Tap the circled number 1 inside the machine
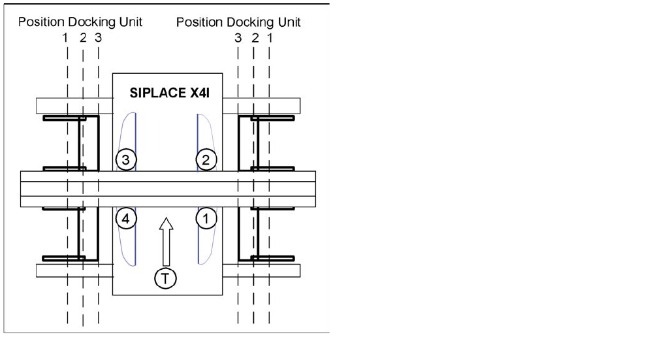point(206,220)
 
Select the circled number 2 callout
point(206,159)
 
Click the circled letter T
point(166,278)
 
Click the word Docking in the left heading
point(87,22)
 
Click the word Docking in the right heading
point(246,22)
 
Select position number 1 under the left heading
point(65,38)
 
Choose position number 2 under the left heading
point(83,38)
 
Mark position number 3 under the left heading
point(98,38)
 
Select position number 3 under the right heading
point(238,38)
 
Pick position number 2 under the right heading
point(255,38)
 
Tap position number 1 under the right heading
point(270,38)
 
